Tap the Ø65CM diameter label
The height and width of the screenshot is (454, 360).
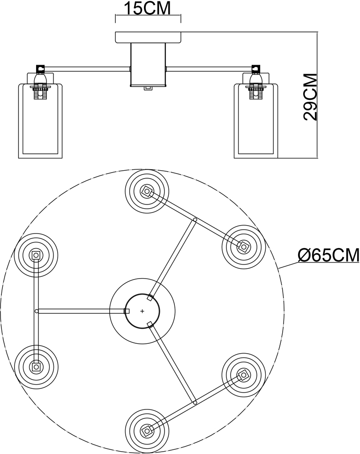click(x=329, y=255)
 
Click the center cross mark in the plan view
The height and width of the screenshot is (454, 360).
click(x=142, y=310)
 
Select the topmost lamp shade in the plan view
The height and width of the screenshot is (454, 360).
click(x=147, y=191)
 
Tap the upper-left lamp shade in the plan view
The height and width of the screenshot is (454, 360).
click(x=36, y=255)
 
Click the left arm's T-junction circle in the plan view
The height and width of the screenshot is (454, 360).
click(x=36, y=310)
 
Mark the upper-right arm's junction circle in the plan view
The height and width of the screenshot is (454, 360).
click(x=195, y=219)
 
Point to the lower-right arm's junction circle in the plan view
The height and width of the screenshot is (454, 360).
click(x=195, y=402)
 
